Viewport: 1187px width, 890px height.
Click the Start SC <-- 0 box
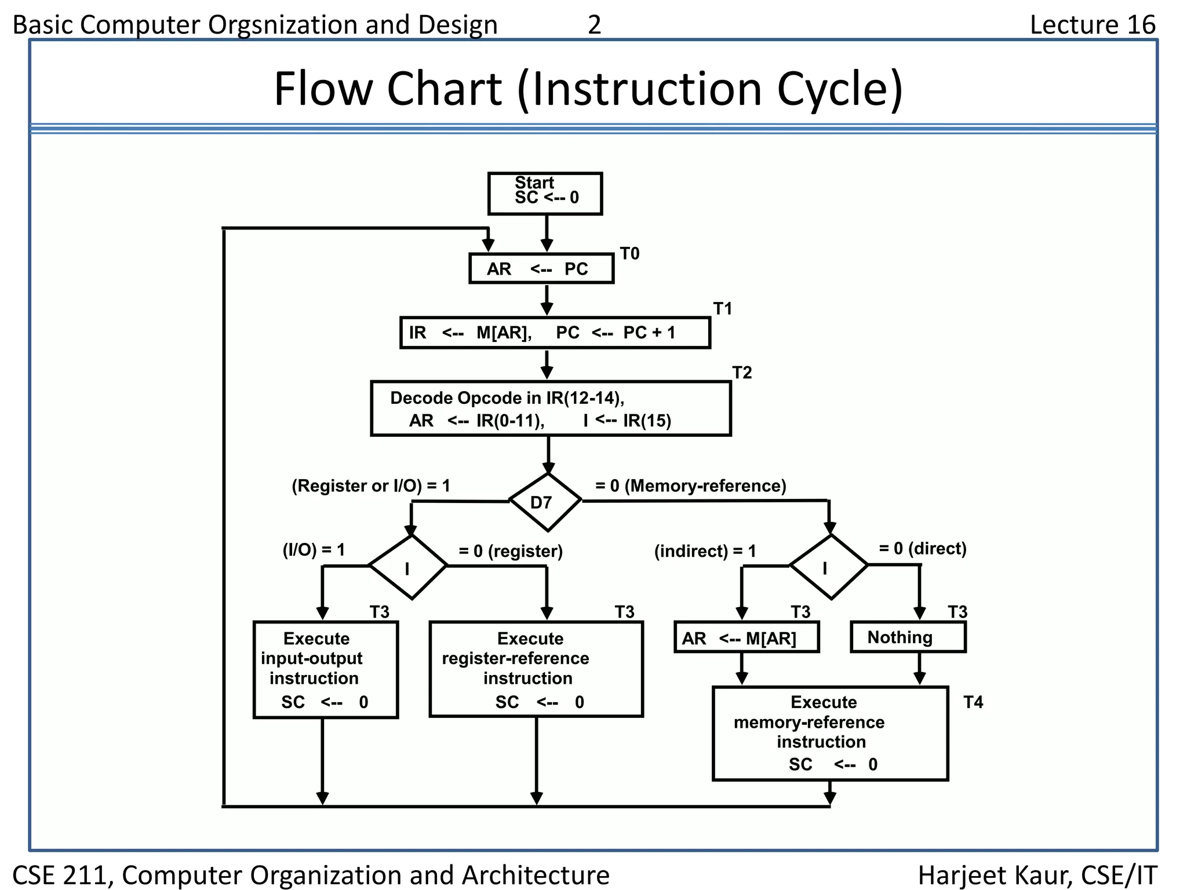pyautogui.click(x=545, y=194)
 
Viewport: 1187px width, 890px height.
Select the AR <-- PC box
pyautogui.click(x=541, y=269)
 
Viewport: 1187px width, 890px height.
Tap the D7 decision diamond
pyautogui.click(x=545, y=502)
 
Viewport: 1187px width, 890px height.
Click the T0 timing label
pyautogui.click(x=629, y=254)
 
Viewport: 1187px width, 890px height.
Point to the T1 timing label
pyautogui.click(x=722, y=309)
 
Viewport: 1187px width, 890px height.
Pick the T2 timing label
pyautogui.click(x=742, y=373)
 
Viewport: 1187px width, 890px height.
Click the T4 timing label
pyautogui.click(x=973, y=702)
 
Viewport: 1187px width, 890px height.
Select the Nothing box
pyautogui.click(x=908, y=637)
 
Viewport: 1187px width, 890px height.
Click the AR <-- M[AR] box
pyautogui.click(x=747, y=637)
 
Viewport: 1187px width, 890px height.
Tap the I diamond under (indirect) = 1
pyautogui.click(x=829, y=567)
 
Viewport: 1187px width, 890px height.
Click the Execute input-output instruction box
pyautogui.click(x=326, y=670)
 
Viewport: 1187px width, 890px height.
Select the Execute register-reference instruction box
pyautogui.click(x=536, y=670)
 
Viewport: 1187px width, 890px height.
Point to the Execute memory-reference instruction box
pyautogui.click(x=830, y=734)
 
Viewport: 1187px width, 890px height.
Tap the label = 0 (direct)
pyautogui.click(x=923, y=548)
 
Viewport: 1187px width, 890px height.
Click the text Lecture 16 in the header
pyautogui.click(x=1093, y=24)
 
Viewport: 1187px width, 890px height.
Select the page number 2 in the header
pyautogui.click(x=594, y=24)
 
